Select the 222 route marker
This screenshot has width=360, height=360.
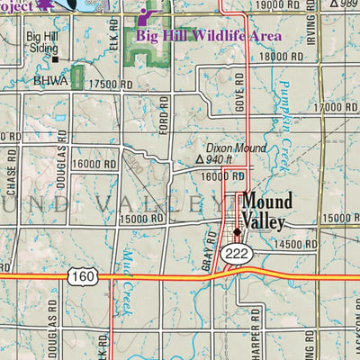point(237,255)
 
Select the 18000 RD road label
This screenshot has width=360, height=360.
point(280,57)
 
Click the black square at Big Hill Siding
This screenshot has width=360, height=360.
point(54,59)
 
